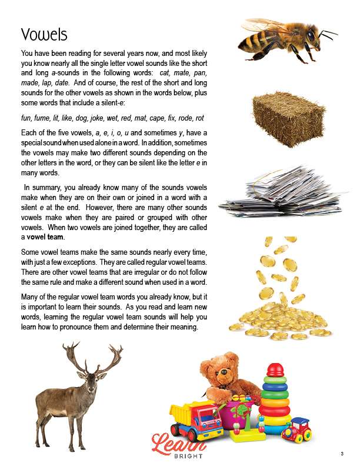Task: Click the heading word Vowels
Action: point(44,34)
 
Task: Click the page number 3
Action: point(342,453)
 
